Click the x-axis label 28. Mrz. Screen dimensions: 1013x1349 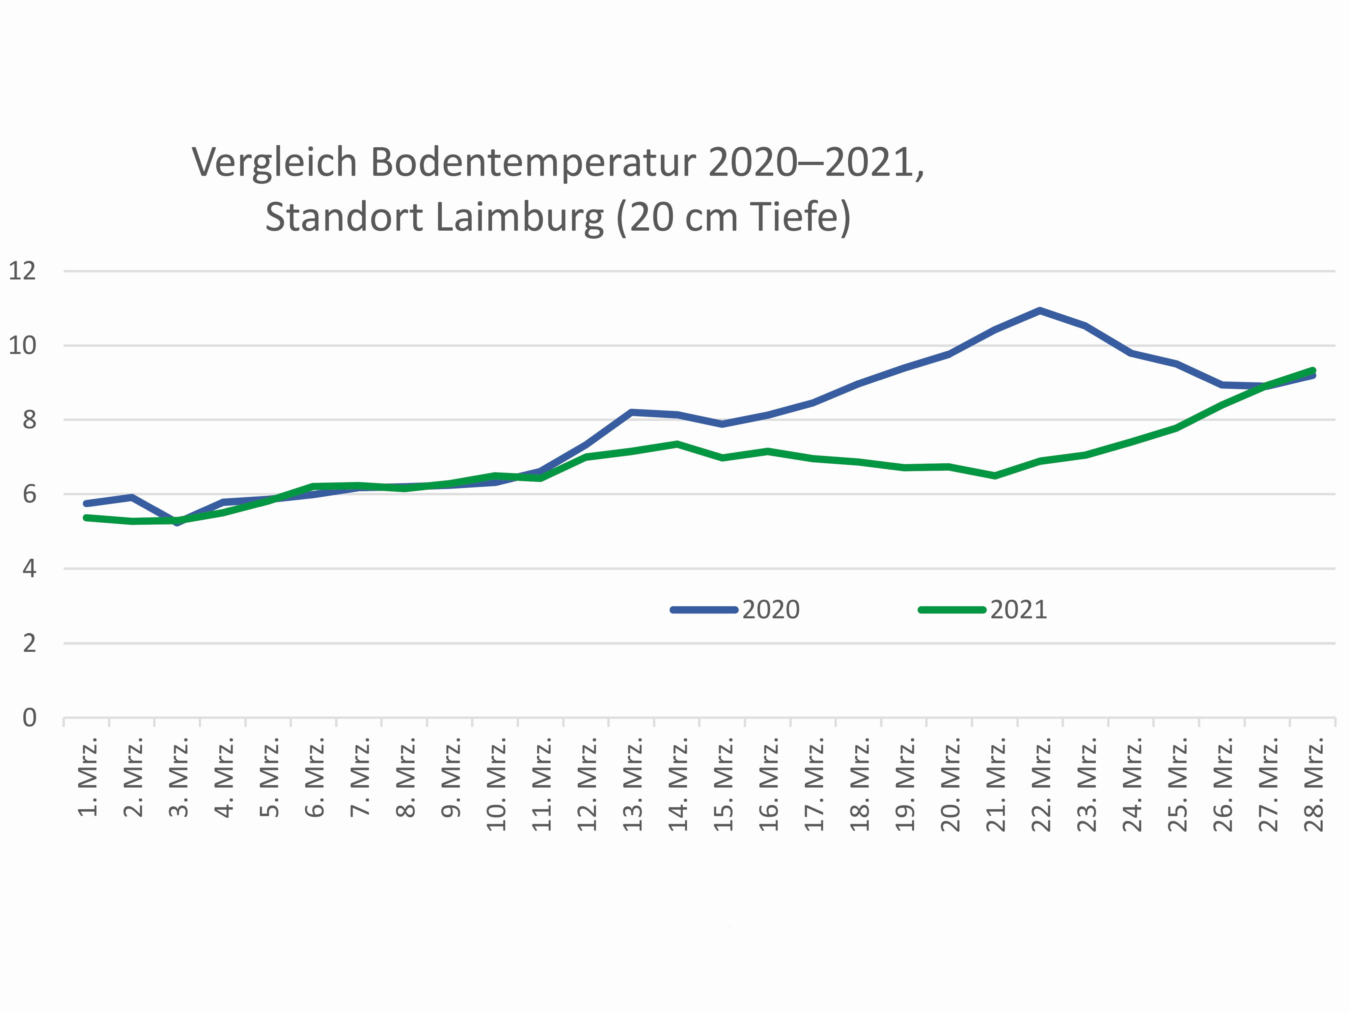click(1314, 785)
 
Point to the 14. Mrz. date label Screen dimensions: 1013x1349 click(678, 785)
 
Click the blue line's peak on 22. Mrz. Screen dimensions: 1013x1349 click(1040, 311)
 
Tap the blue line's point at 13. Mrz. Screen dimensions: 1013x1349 click(632, 413)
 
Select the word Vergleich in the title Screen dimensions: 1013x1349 click(274, 163)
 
